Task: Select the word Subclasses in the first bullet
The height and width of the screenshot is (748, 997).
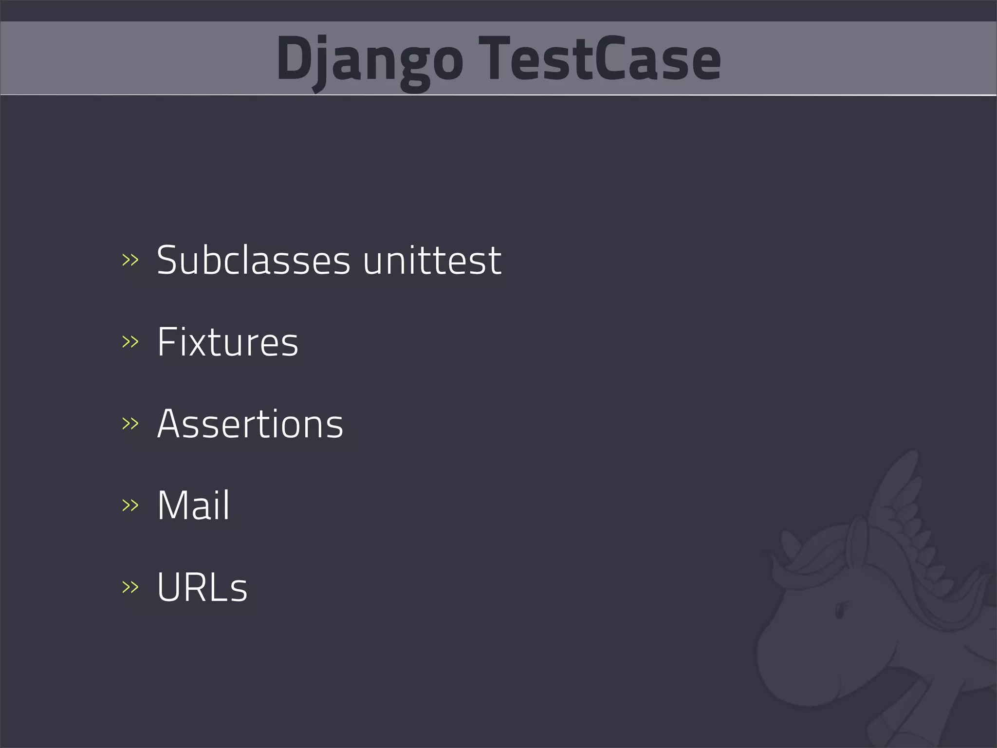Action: [253, 261]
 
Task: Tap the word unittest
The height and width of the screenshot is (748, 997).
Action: [432, 261]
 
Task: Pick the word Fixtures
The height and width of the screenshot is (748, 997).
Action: [227, 342]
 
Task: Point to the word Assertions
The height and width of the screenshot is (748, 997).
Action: [250, 424]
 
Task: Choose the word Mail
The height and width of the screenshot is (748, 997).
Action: [193, 505]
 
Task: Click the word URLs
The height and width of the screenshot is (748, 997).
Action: [202, 587]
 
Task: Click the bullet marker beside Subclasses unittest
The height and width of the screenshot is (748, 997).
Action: [130, 261]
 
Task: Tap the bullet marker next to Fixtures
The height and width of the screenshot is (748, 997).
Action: [130, 342]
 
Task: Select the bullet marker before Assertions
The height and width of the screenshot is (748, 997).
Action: [130, 424]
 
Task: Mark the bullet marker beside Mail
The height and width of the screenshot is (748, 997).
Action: [130, 505]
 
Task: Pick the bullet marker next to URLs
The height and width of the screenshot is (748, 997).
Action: [130, 587]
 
